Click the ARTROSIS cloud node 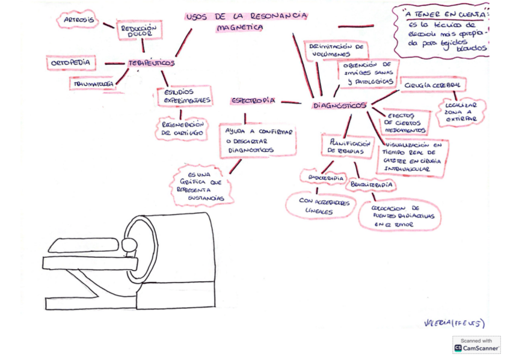click(78, 20)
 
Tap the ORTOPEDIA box click(71, 63)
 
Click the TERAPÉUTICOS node click(151, 63)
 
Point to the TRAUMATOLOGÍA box click(93, 84)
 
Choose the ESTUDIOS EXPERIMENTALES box click(184, 96)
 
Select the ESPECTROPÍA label click(253, 101)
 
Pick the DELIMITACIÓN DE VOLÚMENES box click(336, 50)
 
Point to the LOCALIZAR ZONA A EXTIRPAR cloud click(461, 112)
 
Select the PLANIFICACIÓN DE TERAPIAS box click(348, 147)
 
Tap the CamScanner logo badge click(476, 344)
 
